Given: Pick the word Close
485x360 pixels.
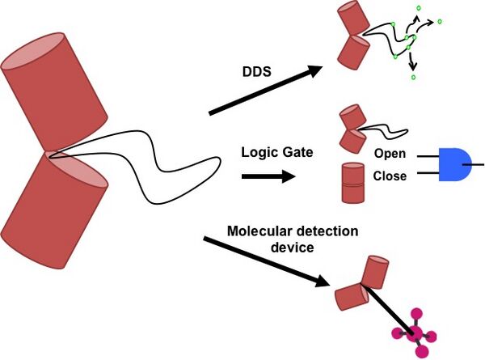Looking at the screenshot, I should [390, 175].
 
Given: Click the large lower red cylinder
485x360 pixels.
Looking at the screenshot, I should [57, 207].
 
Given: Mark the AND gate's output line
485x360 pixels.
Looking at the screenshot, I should [479, 164].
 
